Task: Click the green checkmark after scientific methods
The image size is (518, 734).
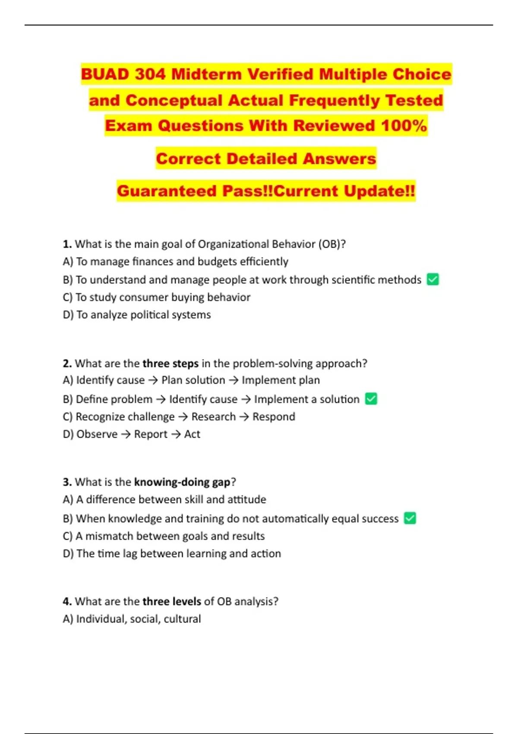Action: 433,279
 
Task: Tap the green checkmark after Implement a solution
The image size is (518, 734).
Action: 371,399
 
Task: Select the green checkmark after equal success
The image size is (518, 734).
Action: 410,518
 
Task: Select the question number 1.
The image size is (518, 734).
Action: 67,244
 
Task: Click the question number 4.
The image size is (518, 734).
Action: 67,601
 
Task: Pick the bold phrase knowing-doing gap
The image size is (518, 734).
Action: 182,482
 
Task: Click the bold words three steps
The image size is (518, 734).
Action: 171,363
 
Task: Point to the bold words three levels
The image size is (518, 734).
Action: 172,601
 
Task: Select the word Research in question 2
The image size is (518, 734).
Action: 213,417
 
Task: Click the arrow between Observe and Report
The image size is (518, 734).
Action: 126,434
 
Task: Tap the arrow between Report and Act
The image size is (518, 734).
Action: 176,434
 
